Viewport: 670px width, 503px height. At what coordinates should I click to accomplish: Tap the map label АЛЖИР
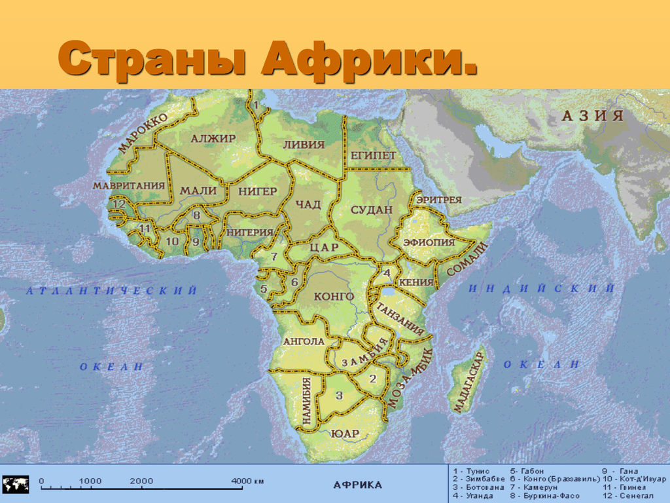[x=213, y=138]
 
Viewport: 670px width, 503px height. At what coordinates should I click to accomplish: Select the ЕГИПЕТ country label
[x=373, y=155]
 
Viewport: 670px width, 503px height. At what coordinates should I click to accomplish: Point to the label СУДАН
[x=371, y=210]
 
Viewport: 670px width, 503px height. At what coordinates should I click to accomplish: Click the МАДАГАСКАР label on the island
[x=468, y=381]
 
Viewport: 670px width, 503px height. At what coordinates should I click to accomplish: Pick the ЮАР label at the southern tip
[x=345, y=433]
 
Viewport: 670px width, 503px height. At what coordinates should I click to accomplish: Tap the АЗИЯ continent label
[x=593, y=116]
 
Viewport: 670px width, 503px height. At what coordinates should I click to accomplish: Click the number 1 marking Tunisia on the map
[x=256, y=105]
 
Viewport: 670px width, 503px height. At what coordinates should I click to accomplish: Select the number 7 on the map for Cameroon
[x=274, y=256]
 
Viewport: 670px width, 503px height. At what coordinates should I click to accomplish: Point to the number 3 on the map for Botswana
[x=339, y=396]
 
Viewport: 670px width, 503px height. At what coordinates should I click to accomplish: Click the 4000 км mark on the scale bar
[x=247, y=481]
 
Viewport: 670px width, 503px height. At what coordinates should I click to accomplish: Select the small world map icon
[x=15, y=485]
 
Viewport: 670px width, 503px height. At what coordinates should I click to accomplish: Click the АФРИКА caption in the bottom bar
[x=357, y=485]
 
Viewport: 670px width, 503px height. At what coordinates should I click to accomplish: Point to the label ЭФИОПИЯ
[x=429, y=242]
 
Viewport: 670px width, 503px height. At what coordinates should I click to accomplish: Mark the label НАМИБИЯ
[x=306, y=400]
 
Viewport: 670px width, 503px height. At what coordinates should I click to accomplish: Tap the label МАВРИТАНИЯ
[x=128, y=185]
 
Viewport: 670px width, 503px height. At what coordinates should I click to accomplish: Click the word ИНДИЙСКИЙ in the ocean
[x=542, y=288]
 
